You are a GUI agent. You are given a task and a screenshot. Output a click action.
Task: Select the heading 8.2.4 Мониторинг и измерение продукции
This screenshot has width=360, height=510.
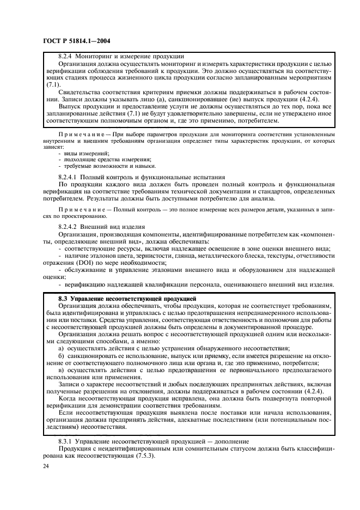pos(121,56)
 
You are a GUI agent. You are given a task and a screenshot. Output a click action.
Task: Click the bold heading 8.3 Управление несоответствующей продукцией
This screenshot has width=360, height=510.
pos(127,299)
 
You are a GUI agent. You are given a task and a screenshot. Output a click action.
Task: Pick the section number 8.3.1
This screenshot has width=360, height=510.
pos(67,440)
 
